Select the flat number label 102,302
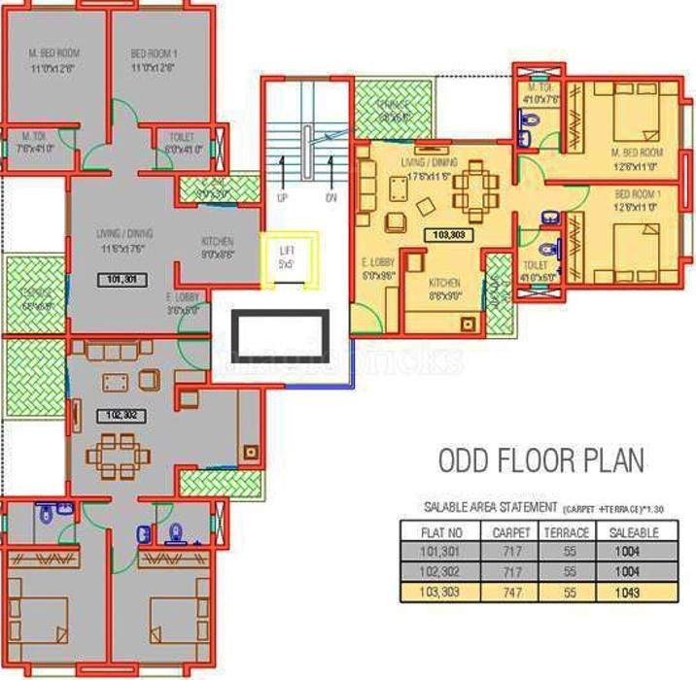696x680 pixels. point(122,415)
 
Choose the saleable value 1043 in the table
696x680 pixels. point(627,593)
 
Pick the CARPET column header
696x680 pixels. point(511,532)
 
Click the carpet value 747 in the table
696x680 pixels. point(511,593)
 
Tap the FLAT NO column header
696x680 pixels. point(445,532)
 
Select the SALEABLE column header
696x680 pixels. point(634,532)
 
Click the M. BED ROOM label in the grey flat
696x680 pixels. point(54,53)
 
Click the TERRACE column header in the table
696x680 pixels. point(568,532)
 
